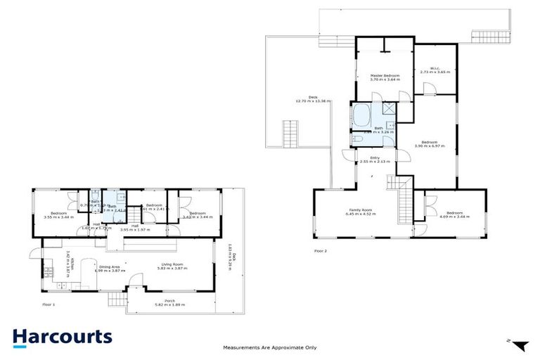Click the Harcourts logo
tap(61, 336)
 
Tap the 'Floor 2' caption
tap(320, 250)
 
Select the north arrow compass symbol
tap(520, 345)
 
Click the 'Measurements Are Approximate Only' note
tap(269, 347)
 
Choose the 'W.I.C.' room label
tap(434, 67)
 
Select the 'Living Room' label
tap(170, 264)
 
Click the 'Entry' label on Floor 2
tap(375, 157)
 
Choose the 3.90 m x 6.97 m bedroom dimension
tap(429, 146)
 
